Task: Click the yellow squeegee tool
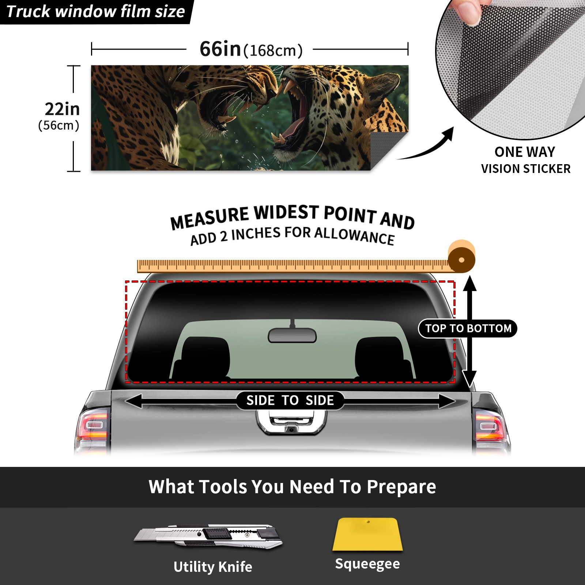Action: click(x=367, y=534)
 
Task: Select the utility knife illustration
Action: click(x=208, y=536)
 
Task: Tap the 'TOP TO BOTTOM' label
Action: click(x=468, y=328)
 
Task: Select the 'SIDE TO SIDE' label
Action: click(x=290, y=400)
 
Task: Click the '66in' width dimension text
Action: click(x=220, y=49)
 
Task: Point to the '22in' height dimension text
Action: click(x=62, y=109)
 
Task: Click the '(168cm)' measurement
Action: click(x=273, y=51)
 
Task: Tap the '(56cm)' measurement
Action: click(x=59, y=125)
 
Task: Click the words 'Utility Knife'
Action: click(x=213, y=567)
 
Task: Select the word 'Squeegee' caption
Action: click(x=367, y=564)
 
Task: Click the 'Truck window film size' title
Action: click(x=96, y=12)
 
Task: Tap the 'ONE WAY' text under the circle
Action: click(x=525, y=152)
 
